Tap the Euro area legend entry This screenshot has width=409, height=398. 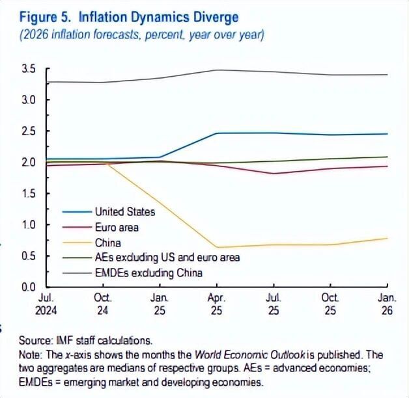point(117,228)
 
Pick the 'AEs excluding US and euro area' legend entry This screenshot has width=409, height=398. point(167,258)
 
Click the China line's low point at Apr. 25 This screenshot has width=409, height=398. point(217,247)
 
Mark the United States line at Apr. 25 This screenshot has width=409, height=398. point(217,133)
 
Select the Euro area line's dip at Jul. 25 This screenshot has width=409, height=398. point(274,174)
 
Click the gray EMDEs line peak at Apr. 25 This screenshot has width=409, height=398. point(217,70)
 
